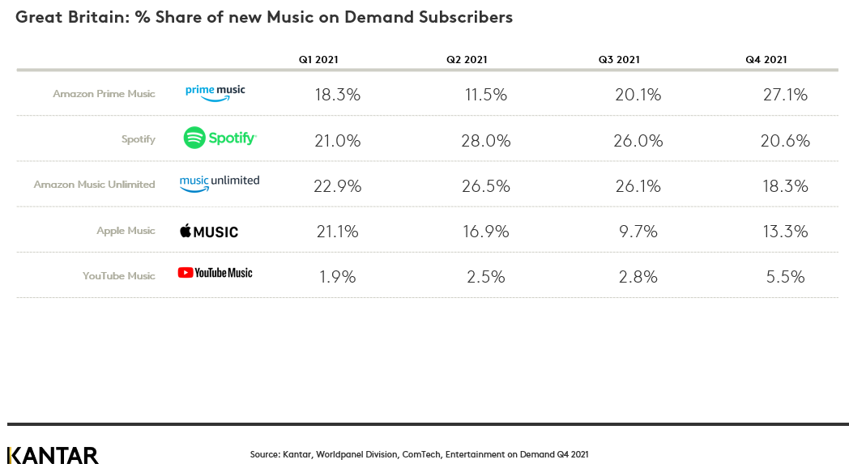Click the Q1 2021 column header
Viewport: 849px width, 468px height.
(318, 59)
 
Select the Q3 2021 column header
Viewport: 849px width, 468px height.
(619, 59)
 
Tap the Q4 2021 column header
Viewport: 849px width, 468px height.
(766, 59)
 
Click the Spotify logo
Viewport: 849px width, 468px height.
(220, 138)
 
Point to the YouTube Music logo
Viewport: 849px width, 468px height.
(215, 273)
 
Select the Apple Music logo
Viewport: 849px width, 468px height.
(209, 232)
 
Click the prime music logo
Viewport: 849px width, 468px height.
(215, 92)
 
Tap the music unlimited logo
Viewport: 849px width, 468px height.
(220, 183)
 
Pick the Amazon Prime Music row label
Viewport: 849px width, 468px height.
(104, 94)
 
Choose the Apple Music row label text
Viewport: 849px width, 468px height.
(126, 231)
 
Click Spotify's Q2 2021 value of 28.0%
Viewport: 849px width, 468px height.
(488, 141)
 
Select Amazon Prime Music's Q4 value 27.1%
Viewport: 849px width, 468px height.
(785, 95)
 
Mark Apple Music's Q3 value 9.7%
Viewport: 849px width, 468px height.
(638, 232)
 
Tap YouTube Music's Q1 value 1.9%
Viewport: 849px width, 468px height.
(337, 277)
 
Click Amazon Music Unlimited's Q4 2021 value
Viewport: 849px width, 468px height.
(785, 186)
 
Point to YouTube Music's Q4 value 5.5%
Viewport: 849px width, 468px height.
(785, 277)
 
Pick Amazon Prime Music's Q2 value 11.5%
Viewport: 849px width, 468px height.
(488, 95)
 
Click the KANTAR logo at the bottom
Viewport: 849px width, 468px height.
(53, 455)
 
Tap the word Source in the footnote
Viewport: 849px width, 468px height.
(264, 455)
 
